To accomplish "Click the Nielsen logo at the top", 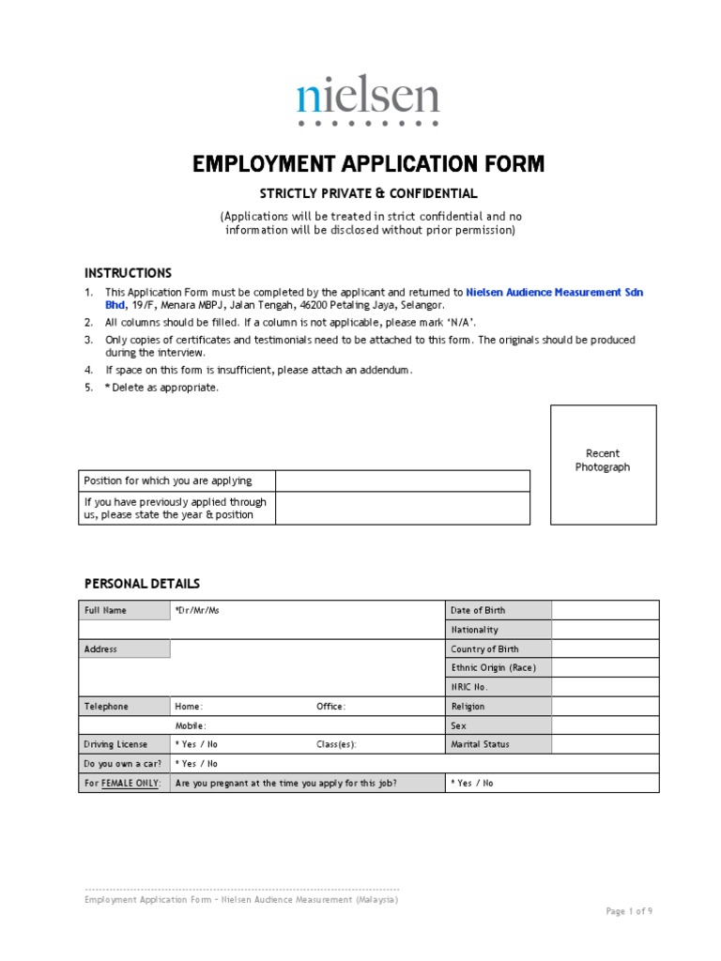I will [368, 101].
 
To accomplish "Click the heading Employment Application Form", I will [368, 164].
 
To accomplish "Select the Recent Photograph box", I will [603, 464].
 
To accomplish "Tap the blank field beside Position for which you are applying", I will [403, 480].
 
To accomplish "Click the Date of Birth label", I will [478, 610].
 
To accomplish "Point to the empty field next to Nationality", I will [605, 630].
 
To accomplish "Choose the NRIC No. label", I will [469, 687].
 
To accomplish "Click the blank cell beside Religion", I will [605, 707].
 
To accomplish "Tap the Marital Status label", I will [481, 744].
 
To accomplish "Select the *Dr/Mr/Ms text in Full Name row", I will [197, 610].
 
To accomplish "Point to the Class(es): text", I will [336, 744].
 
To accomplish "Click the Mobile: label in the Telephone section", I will [191, 725].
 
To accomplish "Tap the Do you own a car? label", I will [123, 764].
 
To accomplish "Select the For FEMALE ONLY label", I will [123, 783].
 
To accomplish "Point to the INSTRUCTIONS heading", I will [129, 273].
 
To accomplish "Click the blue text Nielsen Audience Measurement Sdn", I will [555, 293].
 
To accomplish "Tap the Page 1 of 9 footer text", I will [629, 910].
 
